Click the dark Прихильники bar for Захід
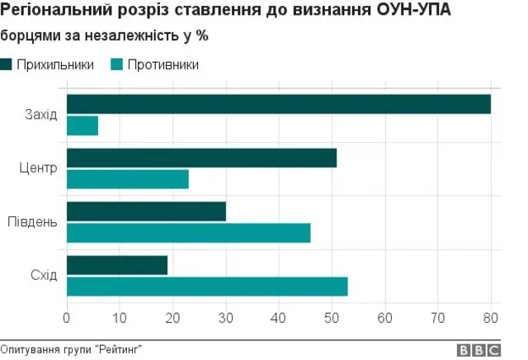click(278, 104)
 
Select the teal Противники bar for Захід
click(82, 126)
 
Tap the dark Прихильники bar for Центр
click(201, 158)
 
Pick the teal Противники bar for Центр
click(127, 179)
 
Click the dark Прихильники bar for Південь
click(146, 211)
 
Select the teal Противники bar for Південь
click(188, 233)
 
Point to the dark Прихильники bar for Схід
click(116, 265)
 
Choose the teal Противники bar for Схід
click(207, 287)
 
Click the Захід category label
click(40, 114)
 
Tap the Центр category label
click(38, 168)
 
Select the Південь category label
click(32, 222)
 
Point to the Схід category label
click(43, 276)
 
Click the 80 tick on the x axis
click(491, 318)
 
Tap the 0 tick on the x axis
click(67, 318)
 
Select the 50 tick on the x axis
click(332, 318)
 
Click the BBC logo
click(478, 349)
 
